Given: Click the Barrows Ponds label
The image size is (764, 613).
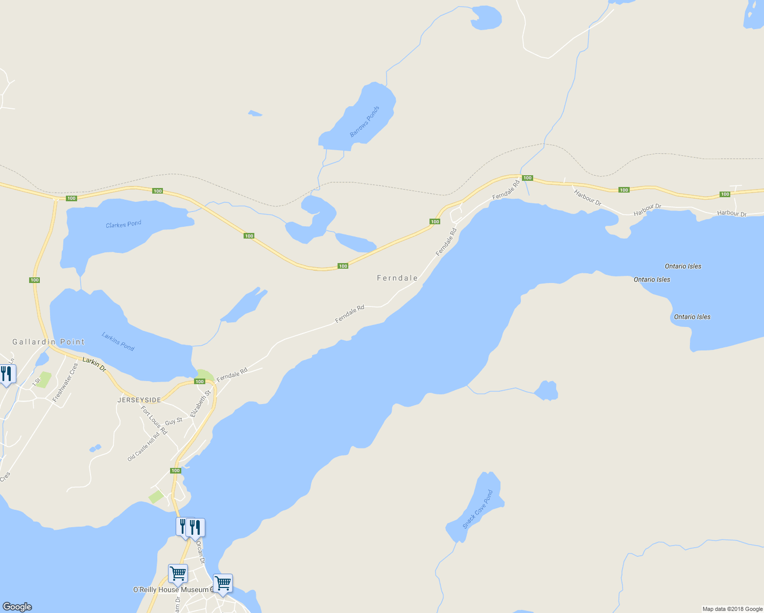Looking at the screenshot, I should point(365,122).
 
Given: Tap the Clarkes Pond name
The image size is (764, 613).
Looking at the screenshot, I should point(123,224).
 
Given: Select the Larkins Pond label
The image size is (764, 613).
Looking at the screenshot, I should point(118,341).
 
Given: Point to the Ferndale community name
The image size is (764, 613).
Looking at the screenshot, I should point(397,278).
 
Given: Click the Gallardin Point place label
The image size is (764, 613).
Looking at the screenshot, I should point(49,342).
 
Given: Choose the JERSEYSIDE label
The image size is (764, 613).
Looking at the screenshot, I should point(139,400).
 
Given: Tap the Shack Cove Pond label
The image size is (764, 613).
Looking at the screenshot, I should point(478,509).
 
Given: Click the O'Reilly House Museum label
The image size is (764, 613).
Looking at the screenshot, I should point(171,590).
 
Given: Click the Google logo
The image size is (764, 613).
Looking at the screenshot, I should point(17,606).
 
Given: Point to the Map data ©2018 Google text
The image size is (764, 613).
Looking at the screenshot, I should point(732,609).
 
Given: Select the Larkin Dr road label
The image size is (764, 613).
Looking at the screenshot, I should point(94,364).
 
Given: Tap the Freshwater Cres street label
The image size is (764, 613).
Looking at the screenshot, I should point(65,382).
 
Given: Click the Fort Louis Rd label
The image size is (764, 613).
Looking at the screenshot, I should point(154,420).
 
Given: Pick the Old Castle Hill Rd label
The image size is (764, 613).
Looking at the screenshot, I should point(144,447).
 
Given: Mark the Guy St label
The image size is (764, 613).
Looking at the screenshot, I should point(174,421).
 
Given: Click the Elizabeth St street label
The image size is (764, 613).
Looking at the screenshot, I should point(200,404).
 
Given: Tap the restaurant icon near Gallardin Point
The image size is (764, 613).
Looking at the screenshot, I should point(7,374).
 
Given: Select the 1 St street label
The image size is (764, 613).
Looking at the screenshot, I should point(36,381).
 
